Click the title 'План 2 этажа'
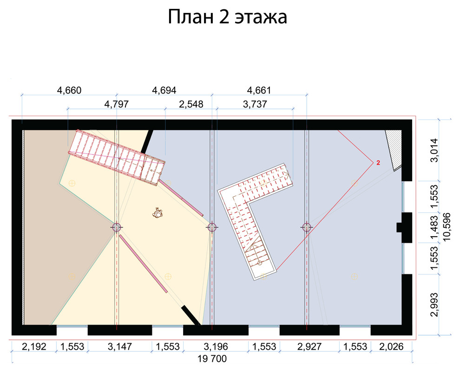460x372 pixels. click(x=227, y=17)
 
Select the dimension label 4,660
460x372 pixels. click(x=69, y=90)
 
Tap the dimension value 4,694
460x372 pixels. click(x=164, y=90)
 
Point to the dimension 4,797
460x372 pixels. click(x=117, y=104)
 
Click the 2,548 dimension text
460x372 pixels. click(x=191, y=104)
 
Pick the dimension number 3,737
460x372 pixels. click(x=255, y=104)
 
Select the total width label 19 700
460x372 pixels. click(x=212, y=359)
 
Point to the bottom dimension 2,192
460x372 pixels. click(x=34, y=347)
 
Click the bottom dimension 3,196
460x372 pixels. click(x=216, y=347)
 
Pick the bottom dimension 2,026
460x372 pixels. click(x=391, y=347)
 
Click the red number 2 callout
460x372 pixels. click(x=378, y=163)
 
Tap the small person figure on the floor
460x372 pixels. click(x=158, y=213)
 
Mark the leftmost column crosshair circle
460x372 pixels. click(x=117, y=227)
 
